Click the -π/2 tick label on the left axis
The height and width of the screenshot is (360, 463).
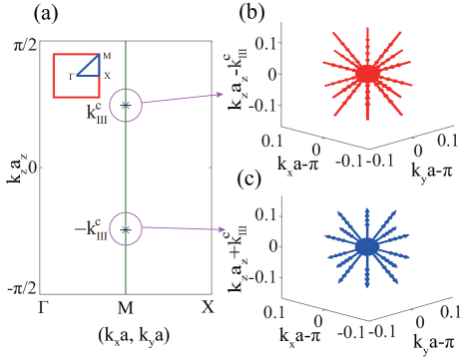pyautogui.click(x=23, y=288)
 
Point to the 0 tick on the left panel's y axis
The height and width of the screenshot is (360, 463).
pyautogui.click(x=32, y=167)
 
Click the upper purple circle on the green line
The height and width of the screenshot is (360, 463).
pyautogui.click(x=126, y=105)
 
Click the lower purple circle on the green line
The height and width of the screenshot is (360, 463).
pyautogui.click(x=126, y=228)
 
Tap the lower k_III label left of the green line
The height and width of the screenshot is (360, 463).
pyautogui.click(x=95, y=231)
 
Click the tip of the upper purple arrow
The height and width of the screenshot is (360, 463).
pyautogui.click(x=226, y=94)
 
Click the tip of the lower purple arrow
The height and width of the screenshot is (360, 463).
pyautogui.click(x=226, y=230)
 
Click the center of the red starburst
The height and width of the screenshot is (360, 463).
pyautogui.click(x=367, y=73)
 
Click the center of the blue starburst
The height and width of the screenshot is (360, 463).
pyautogui.click(x=367, y=245)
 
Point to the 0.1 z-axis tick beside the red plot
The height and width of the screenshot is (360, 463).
pyautogui.click(x=263, y=43)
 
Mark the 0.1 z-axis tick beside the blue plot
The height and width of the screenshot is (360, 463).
pyautogui.click(x=263, y=214)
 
